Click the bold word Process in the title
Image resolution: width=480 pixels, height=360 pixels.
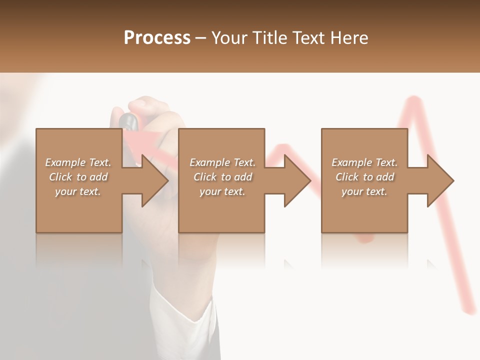click(157, 38)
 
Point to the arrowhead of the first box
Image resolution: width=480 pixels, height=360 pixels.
click(155, 180)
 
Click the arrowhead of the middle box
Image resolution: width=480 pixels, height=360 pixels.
click(297, 180)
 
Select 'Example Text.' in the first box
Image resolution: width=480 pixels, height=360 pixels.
click(78, 162)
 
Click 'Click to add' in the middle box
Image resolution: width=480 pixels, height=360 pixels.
click(222, 177)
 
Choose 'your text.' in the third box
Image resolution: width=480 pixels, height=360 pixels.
click(364, 191)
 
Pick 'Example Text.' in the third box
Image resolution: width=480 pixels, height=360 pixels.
click(364, 162)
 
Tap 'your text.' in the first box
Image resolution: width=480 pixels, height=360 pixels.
click(78, 191)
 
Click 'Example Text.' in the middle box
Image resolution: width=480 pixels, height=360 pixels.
click(222, 162)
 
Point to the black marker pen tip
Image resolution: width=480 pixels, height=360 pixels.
click(128, 120)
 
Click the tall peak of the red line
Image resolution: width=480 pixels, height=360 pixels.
click(413, 100)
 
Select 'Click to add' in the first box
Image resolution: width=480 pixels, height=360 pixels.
click(78, 177)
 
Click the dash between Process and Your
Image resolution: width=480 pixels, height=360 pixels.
click(200, 38)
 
